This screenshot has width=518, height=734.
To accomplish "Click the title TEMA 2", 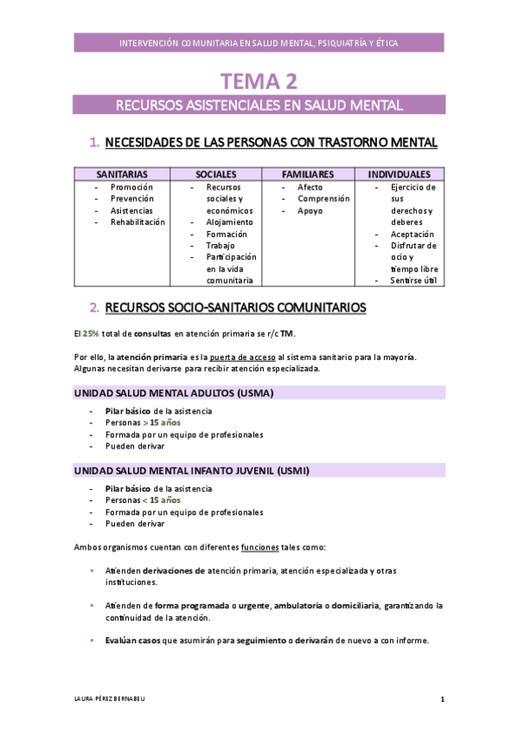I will (259, 82).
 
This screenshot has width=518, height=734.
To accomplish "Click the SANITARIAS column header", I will (122, 174).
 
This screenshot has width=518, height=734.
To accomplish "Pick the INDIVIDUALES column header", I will (399, 174).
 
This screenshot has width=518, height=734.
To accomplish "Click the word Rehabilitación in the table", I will (137, 222).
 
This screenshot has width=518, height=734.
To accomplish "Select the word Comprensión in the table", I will (323, 198).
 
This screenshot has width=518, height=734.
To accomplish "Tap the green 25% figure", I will (90, 333).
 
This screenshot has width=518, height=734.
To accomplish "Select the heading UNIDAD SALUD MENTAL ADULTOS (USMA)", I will (173, 393).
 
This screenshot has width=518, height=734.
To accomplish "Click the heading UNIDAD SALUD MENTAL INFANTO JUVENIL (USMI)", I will (191, 471).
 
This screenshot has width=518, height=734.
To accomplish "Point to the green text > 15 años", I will (162, 422).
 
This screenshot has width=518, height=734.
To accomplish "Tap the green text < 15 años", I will (162, 500).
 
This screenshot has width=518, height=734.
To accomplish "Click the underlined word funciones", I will (259, 547).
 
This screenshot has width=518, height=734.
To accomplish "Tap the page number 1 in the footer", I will (442, 699).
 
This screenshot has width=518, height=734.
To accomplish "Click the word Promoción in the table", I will (131, 187).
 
